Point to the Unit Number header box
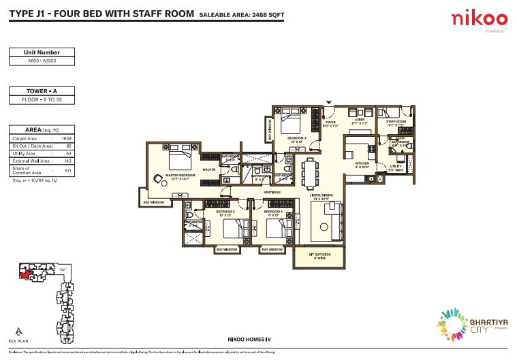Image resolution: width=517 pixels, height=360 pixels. click(42, 52)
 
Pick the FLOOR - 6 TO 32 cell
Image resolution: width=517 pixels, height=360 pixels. click(42, 100)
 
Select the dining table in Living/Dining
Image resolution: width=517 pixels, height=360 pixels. click(311, 171)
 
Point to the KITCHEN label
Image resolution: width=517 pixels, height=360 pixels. click(362, 164)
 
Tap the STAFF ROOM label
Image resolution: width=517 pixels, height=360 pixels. click(396, 122)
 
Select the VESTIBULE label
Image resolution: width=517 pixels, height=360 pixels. click(273, 192)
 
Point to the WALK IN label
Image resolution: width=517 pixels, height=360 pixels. click(209, 169)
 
